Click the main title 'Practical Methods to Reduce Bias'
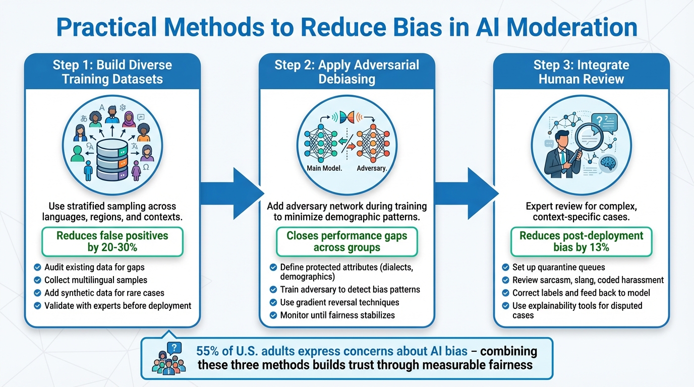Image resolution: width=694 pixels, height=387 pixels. pos(346,28)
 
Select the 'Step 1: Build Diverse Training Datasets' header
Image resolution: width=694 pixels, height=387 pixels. pos(112,72)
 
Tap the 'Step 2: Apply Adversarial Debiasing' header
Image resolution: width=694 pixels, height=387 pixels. pos(346,72)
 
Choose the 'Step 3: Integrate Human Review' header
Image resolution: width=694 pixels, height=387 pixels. pos(581,72)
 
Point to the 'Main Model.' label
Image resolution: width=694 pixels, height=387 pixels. pos(324,168)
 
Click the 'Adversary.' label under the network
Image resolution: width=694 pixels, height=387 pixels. pos(372,168)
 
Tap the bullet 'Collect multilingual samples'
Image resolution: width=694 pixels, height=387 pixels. pos(96,280)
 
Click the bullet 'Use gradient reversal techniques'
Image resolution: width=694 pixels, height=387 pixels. pos(339,302)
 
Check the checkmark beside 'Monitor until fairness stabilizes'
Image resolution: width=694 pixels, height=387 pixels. pos(273,315)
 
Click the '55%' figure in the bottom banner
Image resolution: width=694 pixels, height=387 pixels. pos(207,351)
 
